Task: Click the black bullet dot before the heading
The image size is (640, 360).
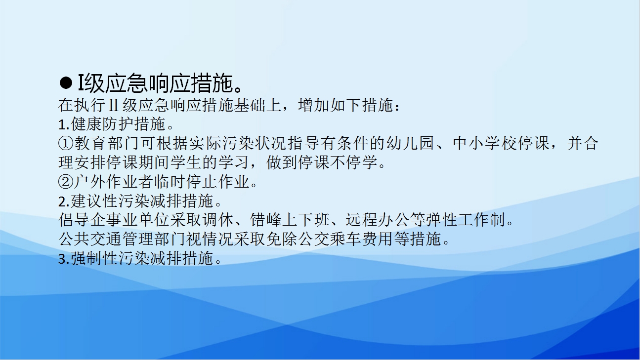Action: [66, 83]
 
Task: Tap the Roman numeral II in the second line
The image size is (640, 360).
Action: [114, 105]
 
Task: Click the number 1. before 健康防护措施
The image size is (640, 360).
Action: [64, 124]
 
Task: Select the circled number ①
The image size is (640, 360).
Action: [66, 143]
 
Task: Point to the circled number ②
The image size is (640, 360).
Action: [66, 182]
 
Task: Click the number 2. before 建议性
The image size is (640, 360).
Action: [64, 201]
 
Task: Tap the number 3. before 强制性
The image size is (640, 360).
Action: [64, 259]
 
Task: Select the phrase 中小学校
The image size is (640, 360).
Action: [484, 143]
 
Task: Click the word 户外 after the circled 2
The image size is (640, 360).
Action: [90, 182]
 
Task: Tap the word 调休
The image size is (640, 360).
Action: [218, 220]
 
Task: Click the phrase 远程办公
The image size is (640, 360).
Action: [378, 220]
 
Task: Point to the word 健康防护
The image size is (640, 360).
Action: [102, 124]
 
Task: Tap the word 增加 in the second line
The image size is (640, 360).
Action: [314, 105]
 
